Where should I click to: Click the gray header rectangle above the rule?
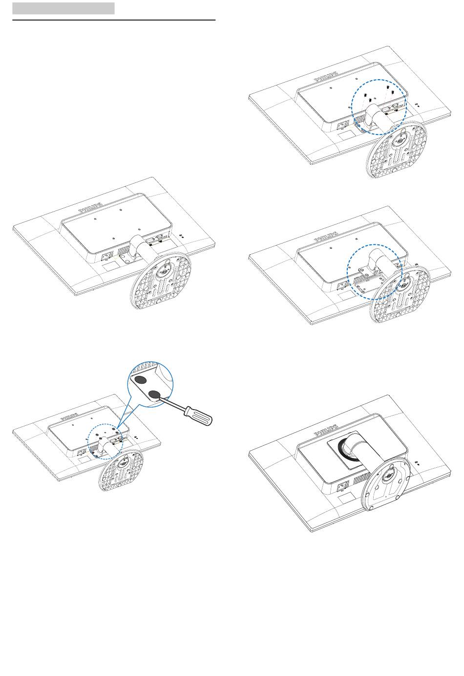(63, 8)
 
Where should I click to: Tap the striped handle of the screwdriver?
(198, 416)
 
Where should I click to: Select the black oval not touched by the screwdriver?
(140, 380)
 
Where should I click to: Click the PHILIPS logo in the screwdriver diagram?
(69, 416)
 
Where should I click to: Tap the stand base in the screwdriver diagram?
(121, 470)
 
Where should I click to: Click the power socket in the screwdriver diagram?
(81, 453)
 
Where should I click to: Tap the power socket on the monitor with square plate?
(343, 485)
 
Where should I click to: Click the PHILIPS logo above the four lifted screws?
(326, 76)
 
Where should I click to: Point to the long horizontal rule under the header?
(114, 20)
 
